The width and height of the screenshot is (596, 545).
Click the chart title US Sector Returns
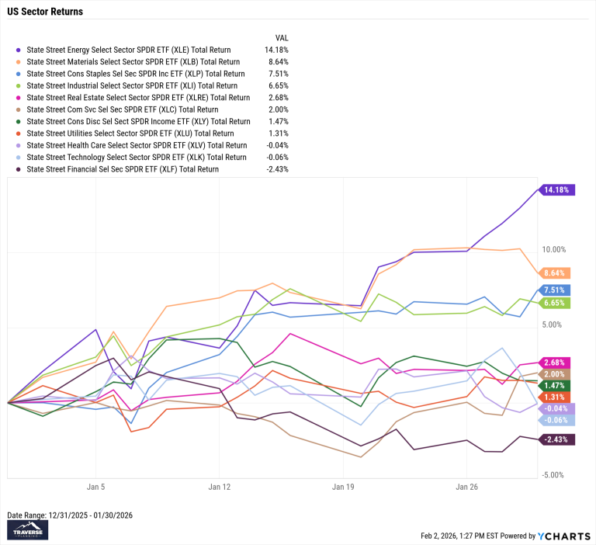click(x=45, y=12)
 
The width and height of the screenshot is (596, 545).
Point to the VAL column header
click(x=282, y=37)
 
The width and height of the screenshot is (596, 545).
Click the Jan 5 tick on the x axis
click(x=95, y=488)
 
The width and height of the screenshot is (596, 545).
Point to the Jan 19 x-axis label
click(x=343, y=488)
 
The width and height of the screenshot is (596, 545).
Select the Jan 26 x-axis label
click(x=466, y=488)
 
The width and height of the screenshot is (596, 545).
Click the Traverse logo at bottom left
click(x=27, y=529)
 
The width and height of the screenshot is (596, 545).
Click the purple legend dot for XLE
click(x=17, y=49)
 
